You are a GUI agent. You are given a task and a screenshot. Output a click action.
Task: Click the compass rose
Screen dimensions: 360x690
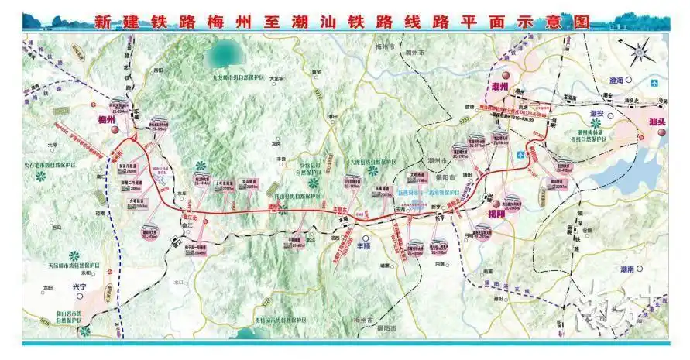point(639,54)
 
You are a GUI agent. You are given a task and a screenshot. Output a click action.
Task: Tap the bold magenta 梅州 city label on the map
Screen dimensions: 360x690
point(106,119)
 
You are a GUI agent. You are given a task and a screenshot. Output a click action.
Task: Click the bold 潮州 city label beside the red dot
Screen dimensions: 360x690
point(499,86)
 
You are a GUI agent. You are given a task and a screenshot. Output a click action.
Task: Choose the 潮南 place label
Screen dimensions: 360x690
point(626,268)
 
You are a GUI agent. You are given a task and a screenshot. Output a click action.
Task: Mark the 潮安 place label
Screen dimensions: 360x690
point(596,113)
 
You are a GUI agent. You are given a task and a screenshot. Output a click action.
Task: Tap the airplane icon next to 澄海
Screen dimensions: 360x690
point(655,81)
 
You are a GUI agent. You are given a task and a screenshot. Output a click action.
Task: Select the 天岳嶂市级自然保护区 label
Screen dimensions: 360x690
point(76,266)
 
